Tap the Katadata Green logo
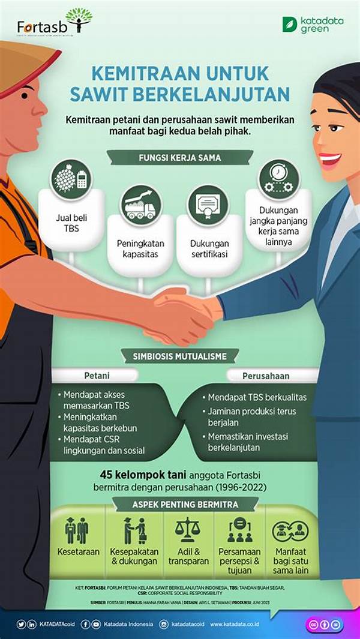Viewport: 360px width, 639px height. point(313,25)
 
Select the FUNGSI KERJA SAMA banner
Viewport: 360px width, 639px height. point(179,158)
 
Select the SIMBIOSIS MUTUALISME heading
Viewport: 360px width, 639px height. point(179,356)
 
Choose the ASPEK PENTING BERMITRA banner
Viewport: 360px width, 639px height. point(179,505)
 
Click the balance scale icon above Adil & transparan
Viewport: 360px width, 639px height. point(188,530)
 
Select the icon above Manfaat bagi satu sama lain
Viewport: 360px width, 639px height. point(290,531)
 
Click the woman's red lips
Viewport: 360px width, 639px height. point(329,160)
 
